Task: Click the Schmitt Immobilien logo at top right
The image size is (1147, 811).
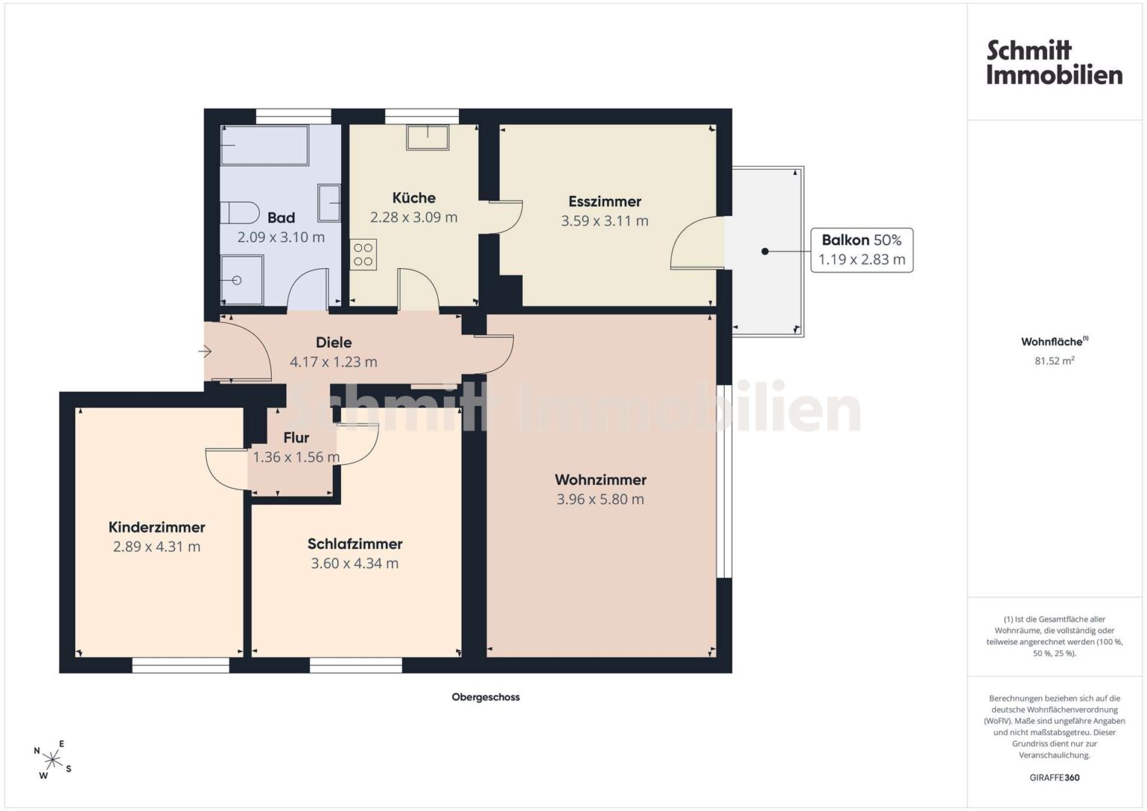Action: (x=1055, y=63)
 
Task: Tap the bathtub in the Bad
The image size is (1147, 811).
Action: (x=264, y=145)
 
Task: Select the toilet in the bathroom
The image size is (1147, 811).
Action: (x=240, y=213)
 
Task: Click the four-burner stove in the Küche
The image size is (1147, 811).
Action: (x=363, y=255)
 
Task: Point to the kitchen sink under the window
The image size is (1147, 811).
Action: (x=427, y=137)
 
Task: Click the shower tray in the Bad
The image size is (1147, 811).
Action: (x=242, y=280)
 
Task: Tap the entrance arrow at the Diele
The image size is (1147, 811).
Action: (x=205, y=351)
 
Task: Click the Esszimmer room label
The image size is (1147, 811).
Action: (x=605, y=201)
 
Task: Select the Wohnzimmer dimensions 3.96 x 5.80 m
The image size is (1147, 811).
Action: (x=600, y=499)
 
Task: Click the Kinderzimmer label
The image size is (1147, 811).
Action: (x=157, y=527)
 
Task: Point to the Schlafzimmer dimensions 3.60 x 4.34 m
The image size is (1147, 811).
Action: (x=355, y=563)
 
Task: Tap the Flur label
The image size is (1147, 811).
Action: (x=296, y=438)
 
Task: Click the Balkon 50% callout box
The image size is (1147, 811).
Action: (x=862, y=250)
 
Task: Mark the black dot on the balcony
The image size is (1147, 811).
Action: (x=765, y=252)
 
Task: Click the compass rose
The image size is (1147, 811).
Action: (x=53, y=760)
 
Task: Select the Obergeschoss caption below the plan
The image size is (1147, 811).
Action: (x=485, y=697)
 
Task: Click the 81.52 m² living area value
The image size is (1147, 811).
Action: (x=1055, y=360)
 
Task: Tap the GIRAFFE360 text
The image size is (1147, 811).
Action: (x=1055, y=777)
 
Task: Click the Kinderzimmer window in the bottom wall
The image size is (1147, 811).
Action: (x=181, y=665)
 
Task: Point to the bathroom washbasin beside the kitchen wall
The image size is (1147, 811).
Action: (x=329, y=203)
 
